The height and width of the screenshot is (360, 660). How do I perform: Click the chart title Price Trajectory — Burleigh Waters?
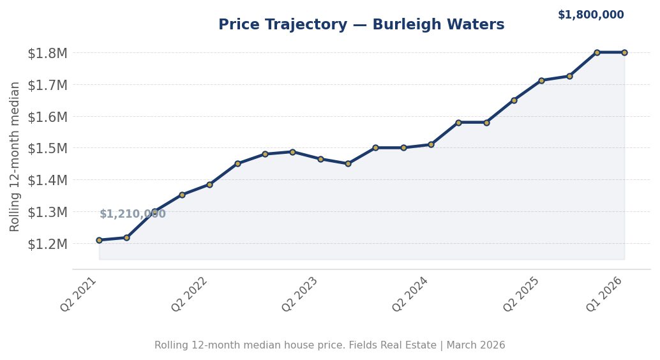361,25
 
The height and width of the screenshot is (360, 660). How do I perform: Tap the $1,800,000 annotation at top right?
590,15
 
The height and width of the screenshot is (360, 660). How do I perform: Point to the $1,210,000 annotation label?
132,214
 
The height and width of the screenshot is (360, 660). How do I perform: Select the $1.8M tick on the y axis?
47,53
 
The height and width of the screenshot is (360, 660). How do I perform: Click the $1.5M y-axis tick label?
47,148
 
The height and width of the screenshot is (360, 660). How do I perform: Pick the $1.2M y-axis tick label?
47,244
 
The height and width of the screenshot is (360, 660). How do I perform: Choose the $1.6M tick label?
47,117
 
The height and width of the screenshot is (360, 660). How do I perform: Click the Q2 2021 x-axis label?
79,294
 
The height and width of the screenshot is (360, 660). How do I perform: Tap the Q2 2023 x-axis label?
301,294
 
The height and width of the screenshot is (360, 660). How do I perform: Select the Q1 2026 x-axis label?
604,294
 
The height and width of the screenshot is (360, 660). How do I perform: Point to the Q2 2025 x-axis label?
522,294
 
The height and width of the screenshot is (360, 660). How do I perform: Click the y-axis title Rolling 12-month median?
15,156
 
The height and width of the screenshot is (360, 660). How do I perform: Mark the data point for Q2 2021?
99,240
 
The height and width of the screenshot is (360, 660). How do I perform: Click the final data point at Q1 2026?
624,52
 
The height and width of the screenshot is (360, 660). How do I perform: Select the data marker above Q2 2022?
209,184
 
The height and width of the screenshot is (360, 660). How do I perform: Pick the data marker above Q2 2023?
320,159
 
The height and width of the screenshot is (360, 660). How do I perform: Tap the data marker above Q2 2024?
431,144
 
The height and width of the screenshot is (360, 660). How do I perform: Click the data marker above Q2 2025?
541,80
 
